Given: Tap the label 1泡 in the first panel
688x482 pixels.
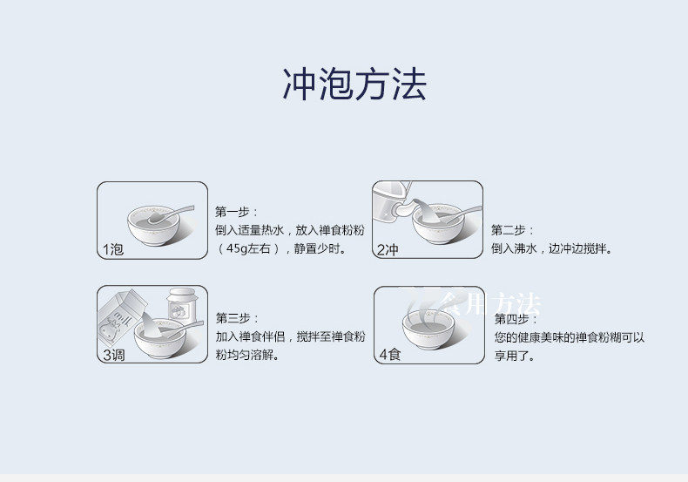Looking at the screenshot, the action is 113,250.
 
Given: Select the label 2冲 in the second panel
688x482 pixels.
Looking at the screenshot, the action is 388,250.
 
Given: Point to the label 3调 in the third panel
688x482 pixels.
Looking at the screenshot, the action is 113,355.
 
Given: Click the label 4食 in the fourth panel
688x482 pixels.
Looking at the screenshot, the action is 389,355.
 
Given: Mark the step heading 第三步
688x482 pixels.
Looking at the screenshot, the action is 236,317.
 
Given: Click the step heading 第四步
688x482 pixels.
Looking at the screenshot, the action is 515,318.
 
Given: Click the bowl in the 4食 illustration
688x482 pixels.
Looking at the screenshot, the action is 428,332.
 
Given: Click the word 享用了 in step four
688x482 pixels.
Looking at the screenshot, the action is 515,356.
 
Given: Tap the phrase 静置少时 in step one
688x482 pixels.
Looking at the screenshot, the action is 318,249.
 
